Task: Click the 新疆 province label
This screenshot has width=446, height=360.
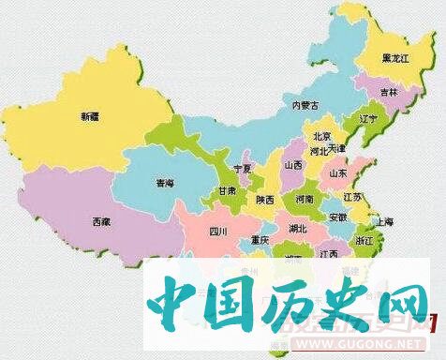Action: (x=89, y=117)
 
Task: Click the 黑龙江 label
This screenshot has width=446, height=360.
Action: (x=395, y=58)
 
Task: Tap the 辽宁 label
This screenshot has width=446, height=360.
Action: (x=368, y=120)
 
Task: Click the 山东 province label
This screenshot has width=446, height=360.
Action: (x=339, y=173)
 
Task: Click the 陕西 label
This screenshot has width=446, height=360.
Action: (x=265, y=200)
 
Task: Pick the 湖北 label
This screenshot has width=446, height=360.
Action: (x=298, y=228)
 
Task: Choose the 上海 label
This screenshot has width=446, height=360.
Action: (x=381, y=221)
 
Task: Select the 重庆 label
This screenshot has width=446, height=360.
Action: (x=260, y=240)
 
